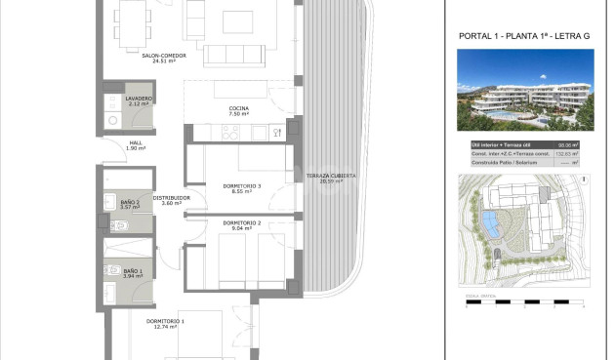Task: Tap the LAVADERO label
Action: point(138,99)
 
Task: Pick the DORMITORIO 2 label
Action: point(241,223)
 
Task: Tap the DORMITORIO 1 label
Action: point(166,321)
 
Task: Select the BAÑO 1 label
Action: point(132,270)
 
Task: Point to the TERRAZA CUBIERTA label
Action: point(331,177)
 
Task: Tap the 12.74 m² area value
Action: point(166,327)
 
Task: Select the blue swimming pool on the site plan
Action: point(488,223)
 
